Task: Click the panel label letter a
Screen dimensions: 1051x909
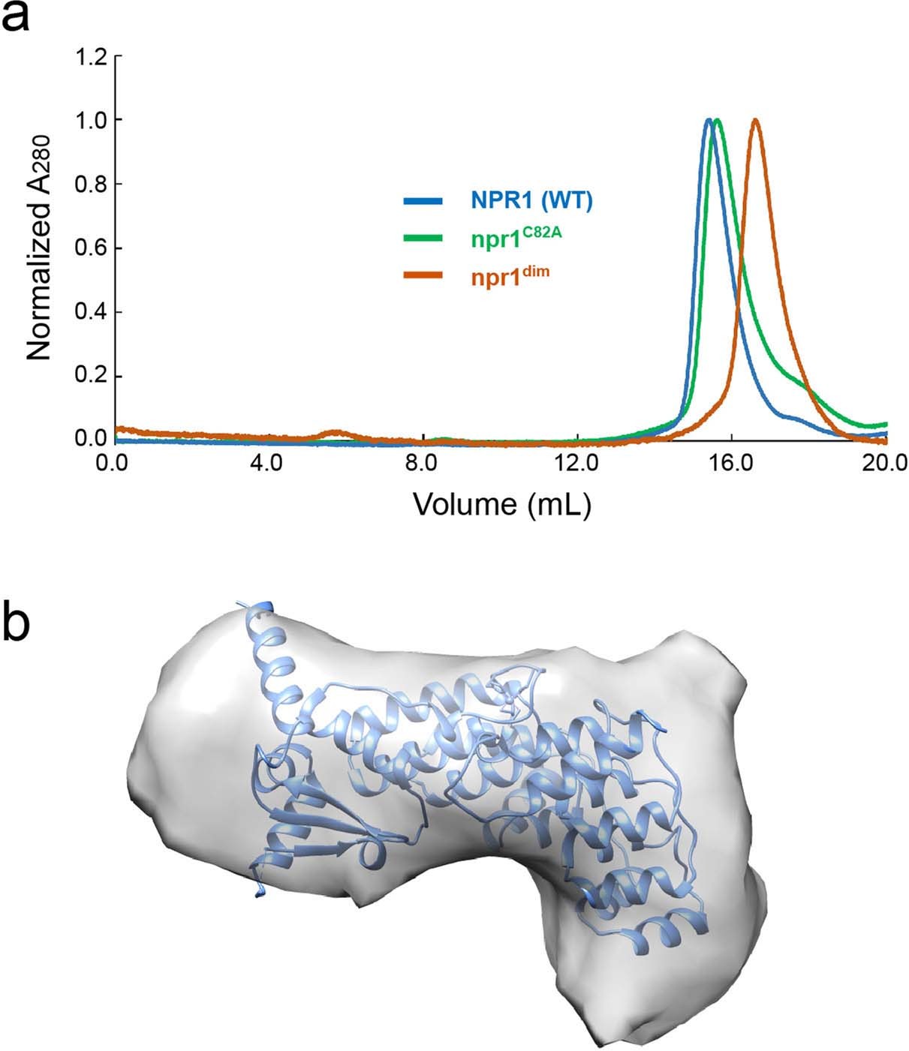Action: click(x=17, y=17)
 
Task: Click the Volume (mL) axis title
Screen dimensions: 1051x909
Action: click(x=501, y=504)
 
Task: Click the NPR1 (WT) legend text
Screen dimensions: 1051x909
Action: click(x=531, y=201)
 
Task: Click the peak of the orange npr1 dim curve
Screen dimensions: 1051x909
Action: click(x=755, y=121)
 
